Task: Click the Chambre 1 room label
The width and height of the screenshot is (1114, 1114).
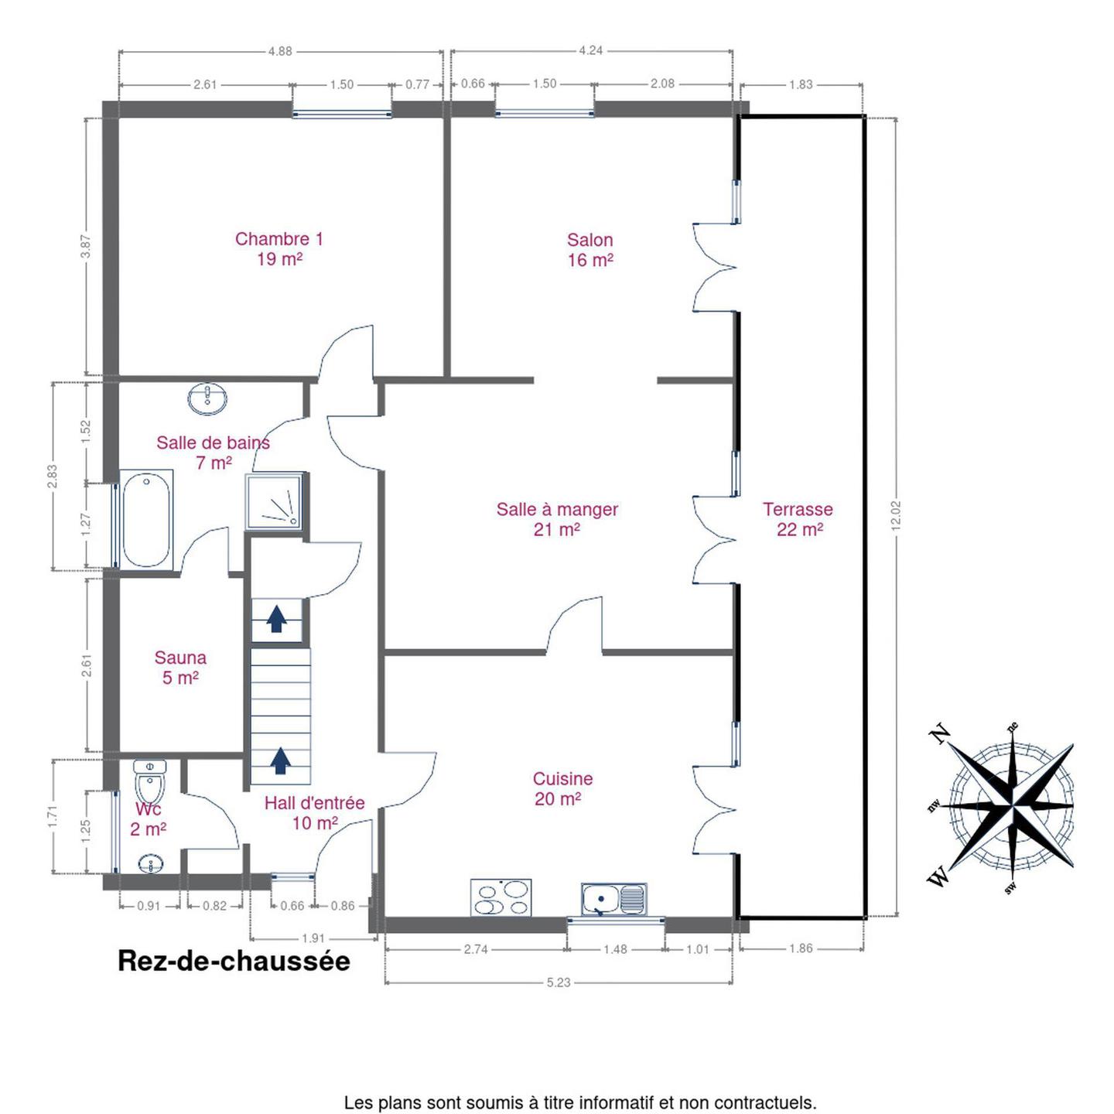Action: [x=279, y=248]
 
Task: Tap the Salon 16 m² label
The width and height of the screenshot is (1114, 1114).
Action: [x=589, y=250]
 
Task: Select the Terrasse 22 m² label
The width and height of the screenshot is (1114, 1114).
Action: [x=798, y=519]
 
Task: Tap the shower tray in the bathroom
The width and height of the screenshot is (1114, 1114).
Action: [x=275, y=501]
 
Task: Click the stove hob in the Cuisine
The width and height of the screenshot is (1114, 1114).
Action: [x=501, y=897]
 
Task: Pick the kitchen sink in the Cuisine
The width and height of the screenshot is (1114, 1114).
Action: [x=614, y=899]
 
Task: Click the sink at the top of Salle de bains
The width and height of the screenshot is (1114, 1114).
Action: [x=207, y=398]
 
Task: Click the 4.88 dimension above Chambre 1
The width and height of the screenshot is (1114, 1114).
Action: [x=280, y=52]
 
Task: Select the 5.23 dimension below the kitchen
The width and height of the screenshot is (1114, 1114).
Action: [x=559, y=982]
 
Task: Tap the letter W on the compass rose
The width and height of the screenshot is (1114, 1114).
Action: [x=939, y=877]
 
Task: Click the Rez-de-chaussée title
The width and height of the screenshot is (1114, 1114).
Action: [x=234, y=962]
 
